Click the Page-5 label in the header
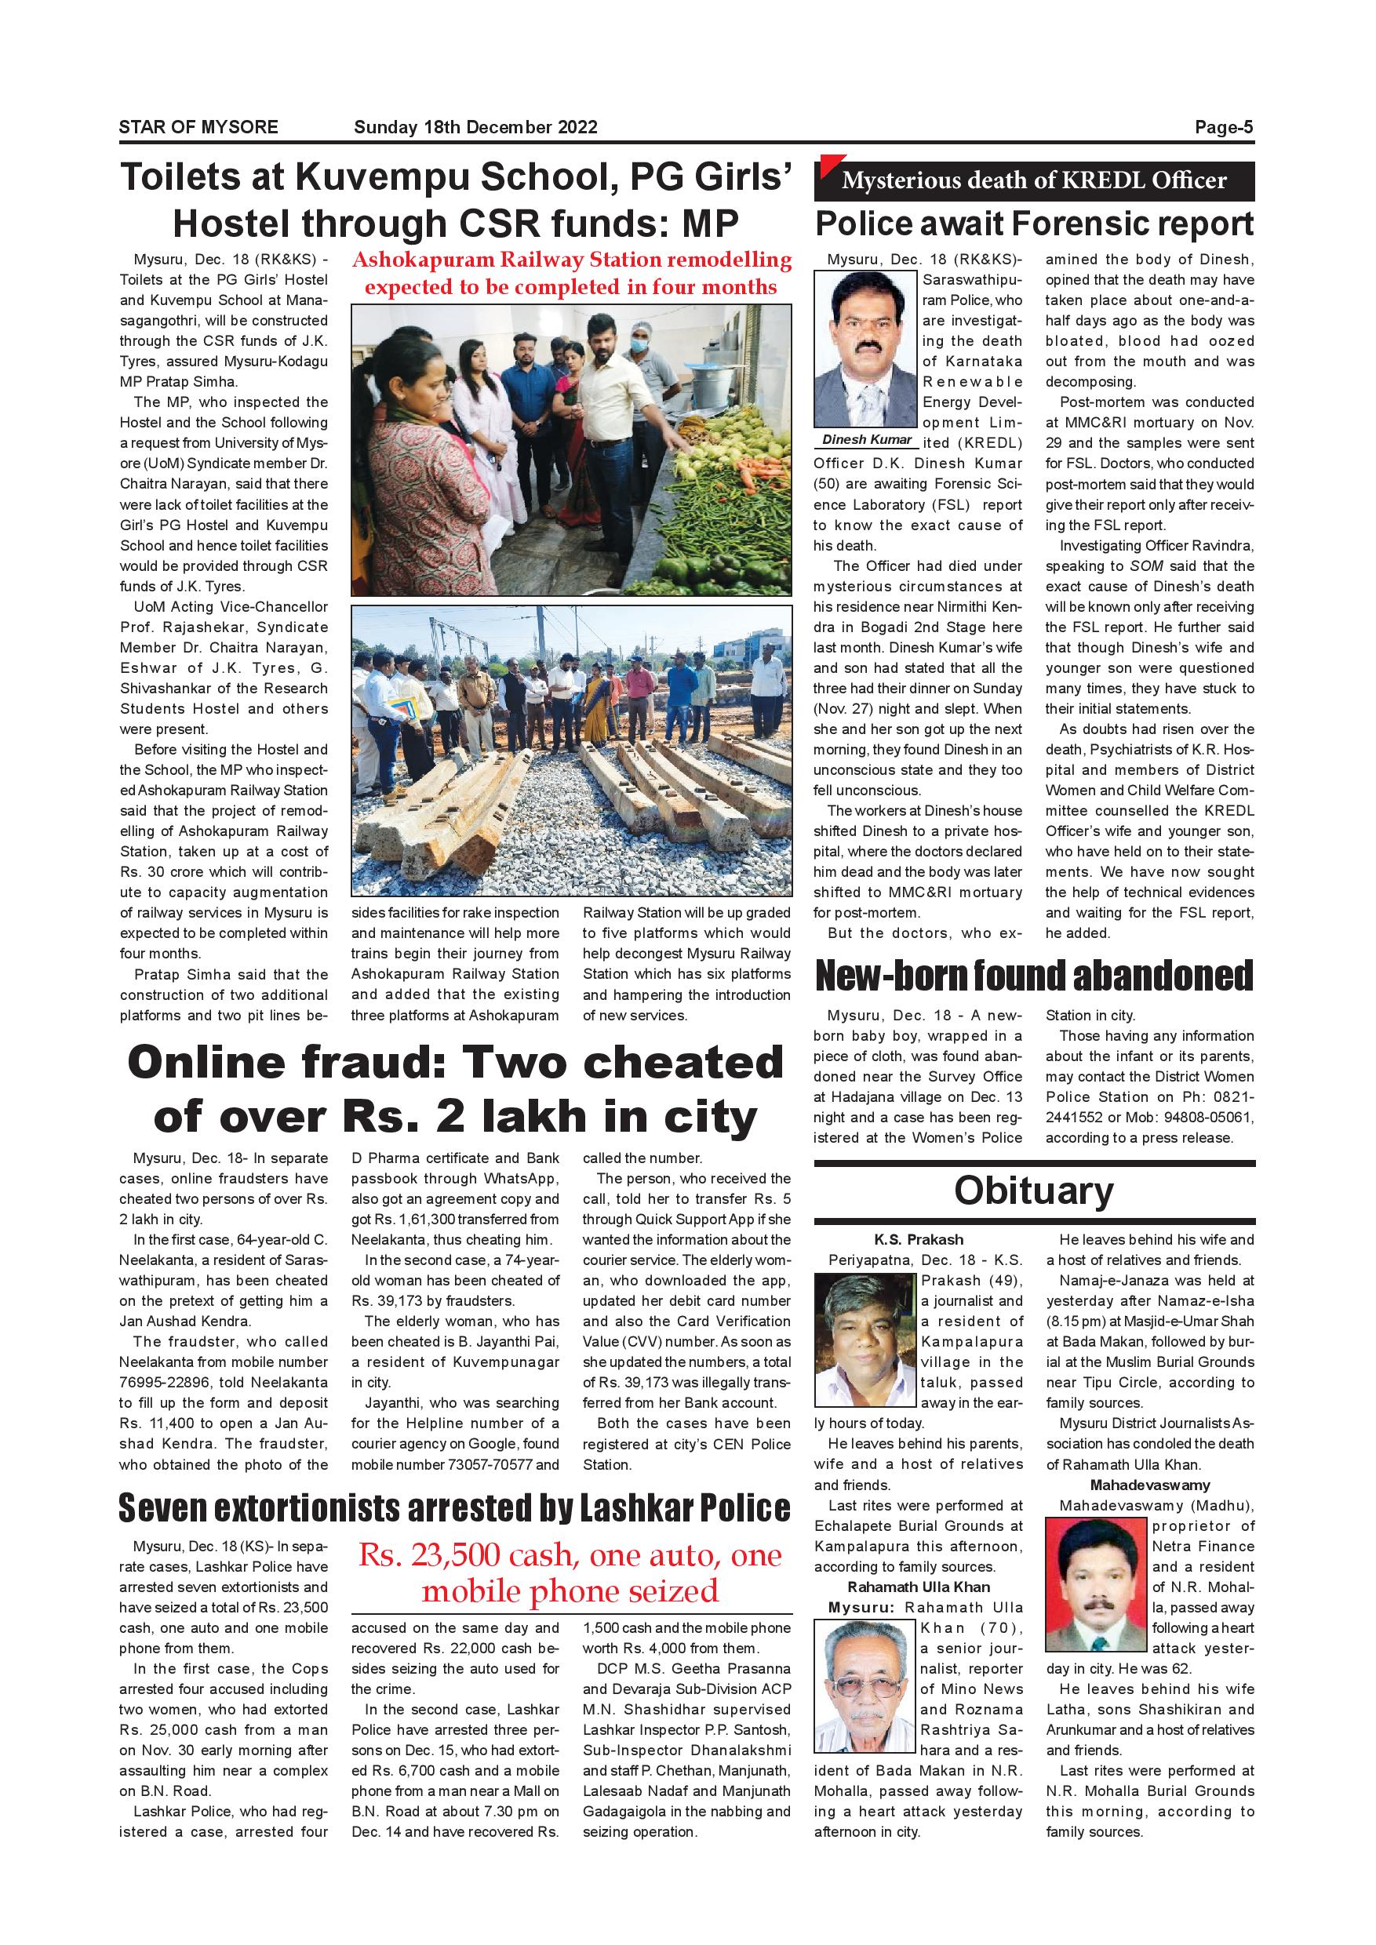[x=1223, y=127]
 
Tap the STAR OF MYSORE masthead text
[x=198, y=127]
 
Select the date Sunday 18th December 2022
[x=475, y=127]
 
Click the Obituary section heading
[x=1034, y=1191]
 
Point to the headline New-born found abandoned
[x=1034, y=975]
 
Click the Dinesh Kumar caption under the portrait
[x=867, y=439]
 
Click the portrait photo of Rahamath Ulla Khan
[x=866, y=1685]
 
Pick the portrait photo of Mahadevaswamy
[x=1098, y=1585]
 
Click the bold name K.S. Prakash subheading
[x=919, y=1239]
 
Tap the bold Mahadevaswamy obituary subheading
[x=1150, y=1485]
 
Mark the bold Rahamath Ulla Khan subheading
[x=919, y=1587]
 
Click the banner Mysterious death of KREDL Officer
[x=1034, y=180]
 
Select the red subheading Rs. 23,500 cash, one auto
[x=570, y=1573]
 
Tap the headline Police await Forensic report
[x=1034, y=224]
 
